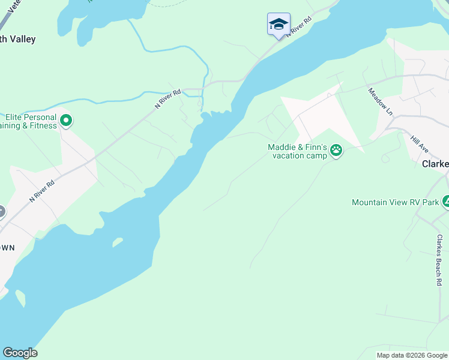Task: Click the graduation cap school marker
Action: [x=279, y=24]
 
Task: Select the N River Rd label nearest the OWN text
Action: [x=42, y=191]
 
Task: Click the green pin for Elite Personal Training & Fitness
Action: [x=67, y=121]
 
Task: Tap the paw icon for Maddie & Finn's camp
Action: [x=336, y=151]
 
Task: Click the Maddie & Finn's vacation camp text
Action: [x=297, y=151]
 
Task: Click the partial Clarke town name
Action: [x=435, y=164]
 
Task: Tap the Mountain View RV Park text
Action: [x=395, y=202]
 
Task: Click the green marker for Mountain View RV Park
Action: [x=445, y=202]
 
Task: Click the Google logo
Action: [x=20, y=353]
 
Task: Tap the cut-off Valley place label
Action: [x=18, y=40]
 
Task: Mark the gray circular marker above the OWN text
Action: [x=1, y=212]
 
